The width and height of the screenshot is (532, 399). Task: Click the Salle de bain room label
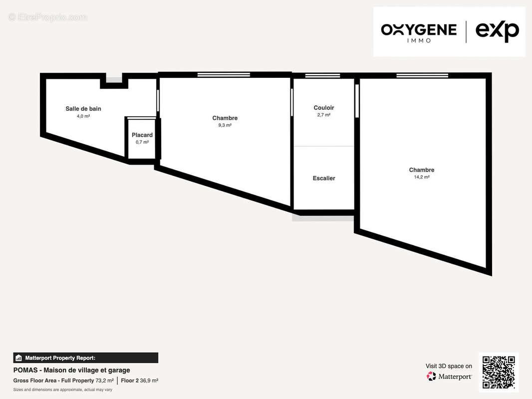point(83,109)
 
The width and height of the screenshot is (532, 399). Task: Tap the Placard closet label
point(142,135)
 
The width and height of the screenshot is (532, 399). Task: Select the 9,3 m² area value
point(225,125)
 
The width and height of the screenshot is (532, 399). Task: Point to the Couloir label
point(324,107)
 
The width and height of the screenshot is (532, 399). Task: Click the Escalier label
point(324,178)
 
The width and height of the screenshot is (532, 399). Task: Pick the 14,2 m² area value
point(422,177)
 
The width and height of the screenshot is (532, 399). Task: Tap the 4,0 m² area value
point(83,116)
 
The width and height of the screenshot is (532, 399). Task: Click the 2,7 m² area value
point(324,115)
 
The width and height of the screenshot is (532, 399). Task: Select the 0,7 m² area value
point(142,142)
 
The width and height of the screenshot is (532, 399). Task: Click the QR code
point(499,372)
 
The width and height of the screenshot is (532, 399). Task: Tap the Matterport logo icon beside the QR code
point(431,376)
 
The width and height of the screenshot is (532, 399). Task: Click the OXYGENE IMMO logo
point(419,32)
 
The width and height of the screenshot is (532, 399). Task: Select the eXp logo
point(497,31)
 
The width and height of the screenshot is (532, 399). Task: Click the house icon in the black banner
point(18,358)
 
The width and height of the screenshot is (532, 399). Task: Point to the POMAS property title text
point(71,370)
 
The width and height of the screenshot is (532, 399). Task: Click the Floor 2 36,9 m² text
point(139,381)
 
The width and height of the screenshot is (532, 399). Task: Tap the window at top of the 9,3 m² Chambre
point(224,75)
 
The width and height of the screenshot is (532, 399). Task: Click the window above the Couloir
point(323,76)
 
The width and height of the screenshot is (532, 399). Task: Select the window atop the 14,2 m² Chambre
point(422,75)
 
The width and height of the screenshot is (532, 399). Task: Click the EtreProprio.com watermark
point(47,17)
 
